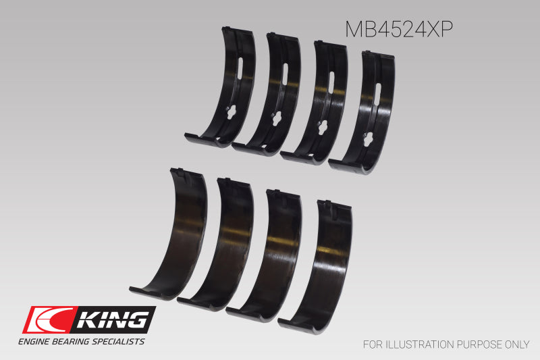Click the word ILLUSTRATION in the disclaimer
423,344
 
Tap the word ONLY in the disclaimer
516,344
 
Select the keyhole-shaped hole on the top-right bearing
368,139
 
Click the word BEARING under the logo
78,342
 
